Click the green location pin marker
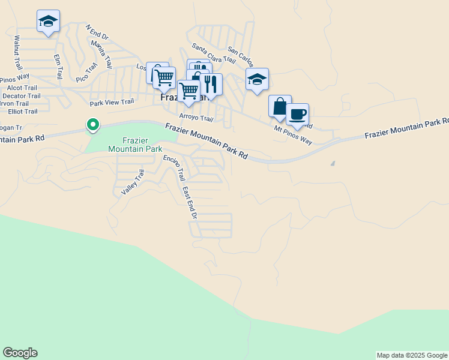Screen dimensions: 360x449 92,124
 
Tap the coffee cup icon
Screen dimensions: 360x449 297,114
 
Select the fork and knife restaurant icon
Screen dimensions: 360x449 210,83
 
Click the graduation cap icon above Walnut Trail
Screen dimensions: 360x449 48,22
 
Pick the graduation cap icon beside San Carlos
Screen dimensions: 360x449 257,80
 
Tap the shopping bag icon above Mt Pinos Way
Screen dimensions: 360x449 280,106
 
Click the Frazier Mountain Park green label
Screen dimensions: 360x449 135,144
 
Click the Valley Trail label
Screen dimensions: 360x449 133,182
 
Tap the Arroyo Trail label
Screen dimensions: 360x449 196,118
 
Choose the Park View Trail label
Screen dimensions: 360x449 112,103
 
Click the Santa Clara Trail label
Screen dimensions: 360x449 213,53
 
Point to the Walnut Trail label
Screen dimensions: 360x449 17,46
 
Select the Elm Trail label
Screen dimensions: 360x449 58,66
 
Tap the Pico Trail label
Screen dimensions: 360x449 86,73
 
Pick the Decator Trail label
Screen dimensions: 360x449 22,95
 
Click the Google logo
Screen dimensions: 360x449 20,353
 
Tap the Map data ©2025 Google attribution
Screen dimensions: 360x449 412,355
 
